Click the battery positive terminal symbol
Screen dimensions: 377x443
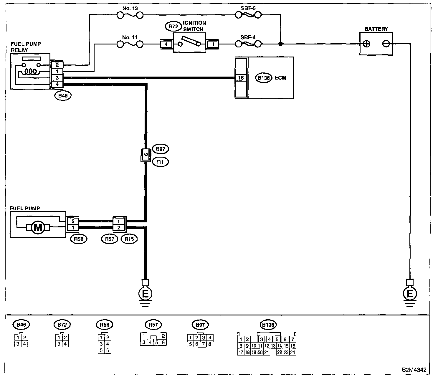[366, 44]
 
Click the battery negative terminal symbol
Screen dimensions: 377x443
[386, 44]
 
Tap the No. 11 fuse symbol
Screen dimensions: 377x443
[130, 44]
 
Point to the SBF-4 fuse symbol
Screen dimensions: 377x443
[248, 44]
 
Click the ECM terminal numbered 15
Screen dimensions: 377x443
[241, 78]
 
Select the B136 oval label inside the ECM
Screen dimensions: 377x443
[263, 78]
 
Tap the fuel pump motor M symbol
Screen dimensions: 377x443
[38, 228]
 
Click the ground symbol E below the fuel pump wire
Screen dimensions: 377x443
[145, 293]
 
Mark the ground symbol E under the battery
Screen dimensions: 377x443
[409, 293]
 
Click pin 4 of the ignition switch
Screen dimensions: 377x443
[166, 44]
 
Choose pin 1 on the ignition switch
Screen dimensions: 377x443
[213, 44]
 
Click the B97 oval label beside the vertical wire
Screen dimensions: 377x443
[160, 149]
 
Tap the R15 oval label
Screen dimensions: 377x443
[129, 239]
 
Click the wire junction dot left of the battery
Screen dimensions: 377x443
[280, 44]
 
